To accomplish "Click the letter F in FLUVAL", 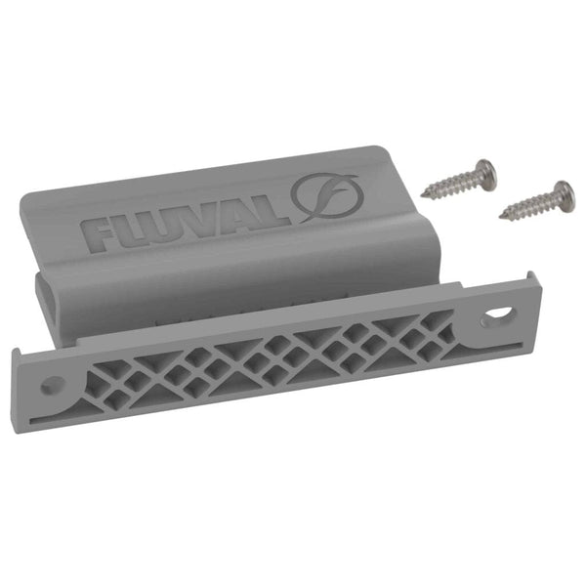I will click(x=101, y=234).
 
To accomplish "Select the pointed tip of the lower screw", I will click(x=502, y=216).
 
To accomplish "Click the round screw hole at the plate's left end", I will click(x=52, y=384).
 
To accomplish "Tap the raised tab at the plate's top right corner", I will click(x=527, y=282).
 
